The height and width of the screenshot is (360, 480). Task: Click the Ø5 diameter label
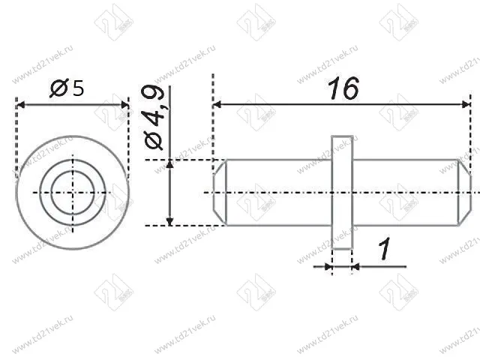[x=67, y=88]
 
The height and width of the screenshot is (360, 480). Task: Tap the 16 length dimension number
[x=343, y=88]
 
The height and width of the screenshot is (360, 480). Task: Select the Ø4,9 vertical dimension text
[x=154, y=118]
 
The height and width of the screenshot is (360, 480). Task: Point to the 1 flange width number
[x=385, y=249]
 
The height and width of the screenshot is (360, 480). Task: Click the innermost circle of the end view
[x=73, y=171]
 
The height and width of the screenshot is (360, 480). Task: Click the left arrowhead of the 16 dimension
[x=217, y=105]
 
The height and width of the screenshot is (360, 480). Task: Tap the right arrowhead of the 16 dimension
[x=466, y=105]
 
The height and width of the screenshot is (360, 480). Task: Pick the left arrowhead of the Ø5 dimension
[x=20, y=105]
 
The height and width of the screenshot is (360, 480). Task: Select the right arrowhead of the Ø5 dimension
[x=125, y=105]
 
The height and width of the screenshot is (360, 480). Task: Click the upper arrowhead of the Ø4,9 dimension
[x=170, y=164]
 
